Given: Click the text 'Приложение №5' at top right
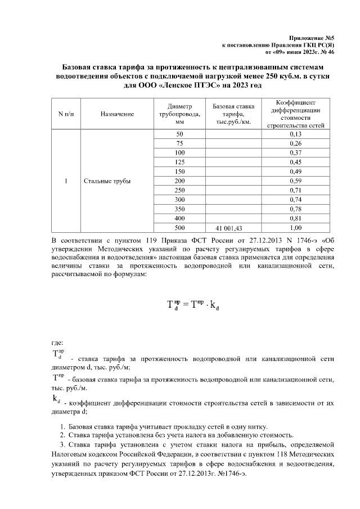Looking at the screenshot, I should coord(314,35).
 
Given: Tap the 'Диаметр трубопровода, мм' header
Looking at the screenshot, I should coord(179,114).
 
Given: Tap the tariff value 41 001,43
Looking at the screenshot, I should coord(232,228).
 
